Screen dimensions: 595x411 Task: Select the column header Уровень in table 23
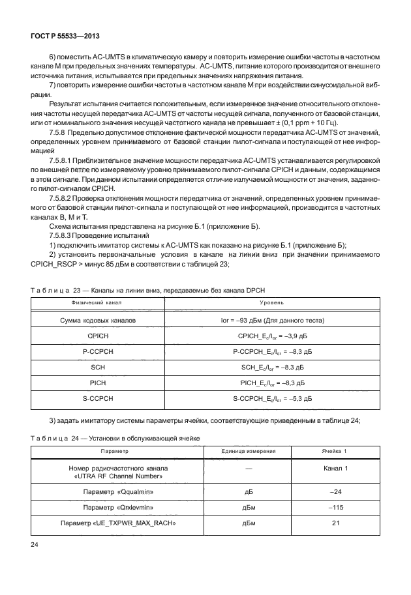pos(271,303)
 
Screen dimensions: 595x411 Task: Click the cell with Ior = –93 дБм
pos(271,321)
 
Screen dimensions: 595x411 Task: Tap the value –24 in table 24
pos(336,491)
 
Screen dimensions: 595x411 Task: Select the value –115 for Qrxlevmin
pos(336,506)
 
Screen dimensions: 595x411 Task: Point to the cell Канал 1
pos(336,469)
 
